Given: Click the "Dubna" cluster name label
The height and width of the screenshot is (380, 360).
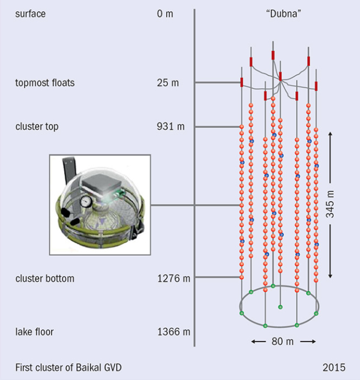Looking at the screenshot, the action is [x=283, y=14].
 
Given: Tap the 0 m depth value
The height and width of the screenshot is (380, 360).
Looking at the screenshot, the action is [x=165, y=14].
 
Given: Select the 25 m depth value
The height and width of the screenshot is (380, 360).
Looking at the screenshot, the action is [x=168, y=83].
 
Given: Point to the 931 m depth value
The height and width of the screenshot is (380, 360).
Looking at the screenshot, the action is [x=171, y=126].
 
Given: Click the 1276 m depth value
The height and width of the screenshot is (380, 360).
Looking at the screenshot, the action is [x=173, y=278].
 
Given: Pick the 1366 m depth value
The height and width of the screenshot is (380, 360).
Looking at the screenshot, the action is [x=173, y=332].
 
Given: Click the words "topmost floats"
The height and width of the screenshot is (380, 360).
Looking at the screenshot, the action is [x=45, y=83].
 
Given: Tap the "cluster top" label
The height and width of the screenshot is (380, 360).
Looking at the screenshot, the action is [x=37, y=126].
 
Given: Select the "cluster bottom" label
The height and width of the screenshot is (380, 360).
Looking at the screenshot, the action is [x=45, y=278].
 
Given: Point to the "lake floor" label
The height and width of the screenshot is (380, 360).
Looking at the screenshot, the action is [x=35, y=332].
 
